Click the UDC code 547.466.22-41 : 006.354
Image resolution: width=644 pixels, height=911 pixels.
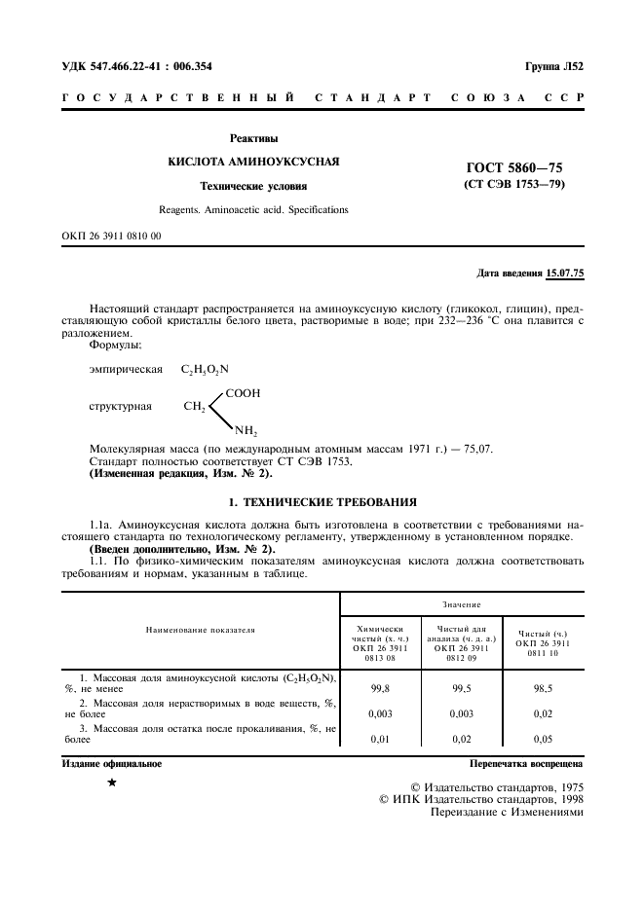[x=137, y=67]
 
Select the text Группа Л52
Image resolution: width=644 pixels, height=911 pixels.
[x=553, y=67]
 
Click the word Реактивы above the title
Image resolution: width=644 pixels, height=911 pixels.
[x=253, y=138]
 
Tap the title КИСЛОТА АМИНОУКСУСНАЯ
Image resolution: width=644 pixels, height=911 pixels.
[x=253, y=161]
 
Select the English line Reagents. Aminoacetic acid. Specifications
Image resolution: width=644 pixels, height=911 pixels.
[x=253, y=209]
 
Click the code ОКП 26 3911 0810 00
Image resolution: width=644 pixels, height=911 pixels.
[x=111, y=236]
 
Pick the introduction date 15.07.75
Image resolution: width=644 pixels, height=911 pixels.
[x=565, y=273]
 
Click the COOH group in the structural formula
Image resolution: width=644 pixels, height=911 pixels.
[x=243, y=393]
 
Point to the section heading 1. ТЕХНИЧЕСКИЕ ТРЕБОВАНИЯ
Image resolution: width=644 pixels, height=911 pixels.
[x=322, y=501]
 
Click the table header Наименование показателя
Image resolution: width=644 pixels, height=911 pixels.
[x=200, y=630]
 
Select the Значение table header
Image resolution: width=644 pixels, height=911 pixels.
[x=463, y=604]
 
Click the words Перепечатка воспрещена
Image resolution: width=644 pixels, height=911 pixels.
[x=526, y=764]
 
